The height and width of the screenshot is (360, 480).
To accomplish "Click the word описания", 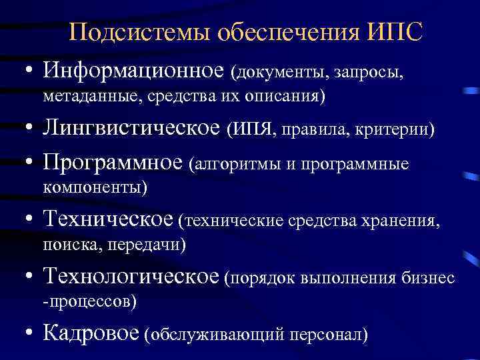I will [289, 97].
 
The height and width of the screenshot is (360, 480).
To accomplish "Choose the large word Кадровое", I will [91, 332].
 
